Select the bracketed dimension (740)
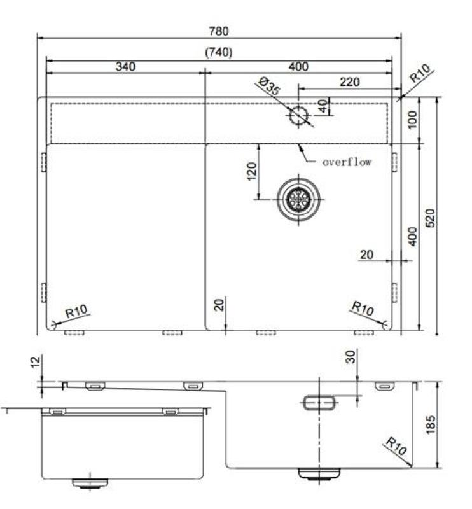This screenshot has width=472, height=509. [x=219, y=52]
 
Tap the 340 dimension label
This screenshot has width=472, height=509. [x=125, y=67]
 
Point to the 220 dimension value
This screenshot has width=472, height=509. [x=349, y=81]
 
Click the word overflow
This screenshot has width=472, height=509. [x=346, y=162]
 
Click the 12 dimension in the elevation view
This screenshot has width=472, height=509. [x=36, y=362]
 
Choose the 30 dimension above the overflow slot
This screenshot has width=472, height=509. [x=349, y=359]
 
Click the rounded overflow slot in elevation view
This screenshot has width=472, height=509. [x=318, y=401]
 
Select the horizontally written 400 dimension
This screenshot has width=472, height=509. [x=297, y=67]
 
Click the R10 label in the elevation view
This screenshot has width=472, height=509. [x=396, y=447]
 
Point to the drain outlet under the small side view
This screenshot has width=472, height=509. [x=88, y=482]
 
